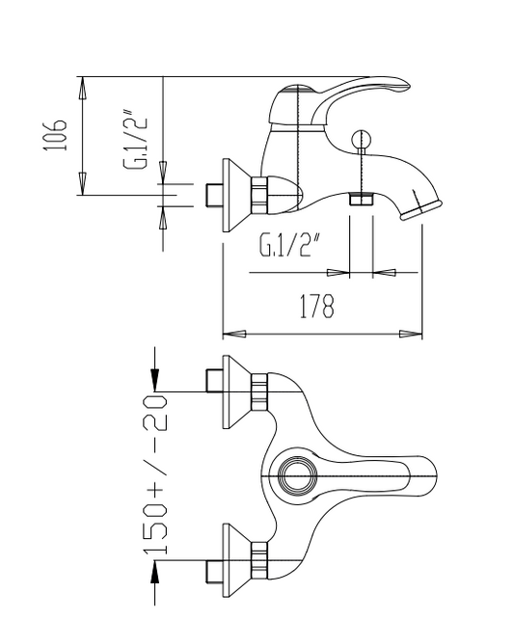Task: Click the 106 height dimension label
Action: point(55,135)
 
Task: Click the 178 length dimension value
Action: point(316,306)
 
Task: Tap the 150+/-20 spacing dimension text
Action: point(155,473)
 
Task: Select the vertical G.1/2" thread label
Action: point(136,143)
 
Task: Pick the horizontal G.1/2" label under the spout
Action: point(289,245)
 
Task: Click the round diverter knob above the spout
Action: point(362,139)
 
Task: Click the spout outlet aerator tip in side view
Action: point(421,210)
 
